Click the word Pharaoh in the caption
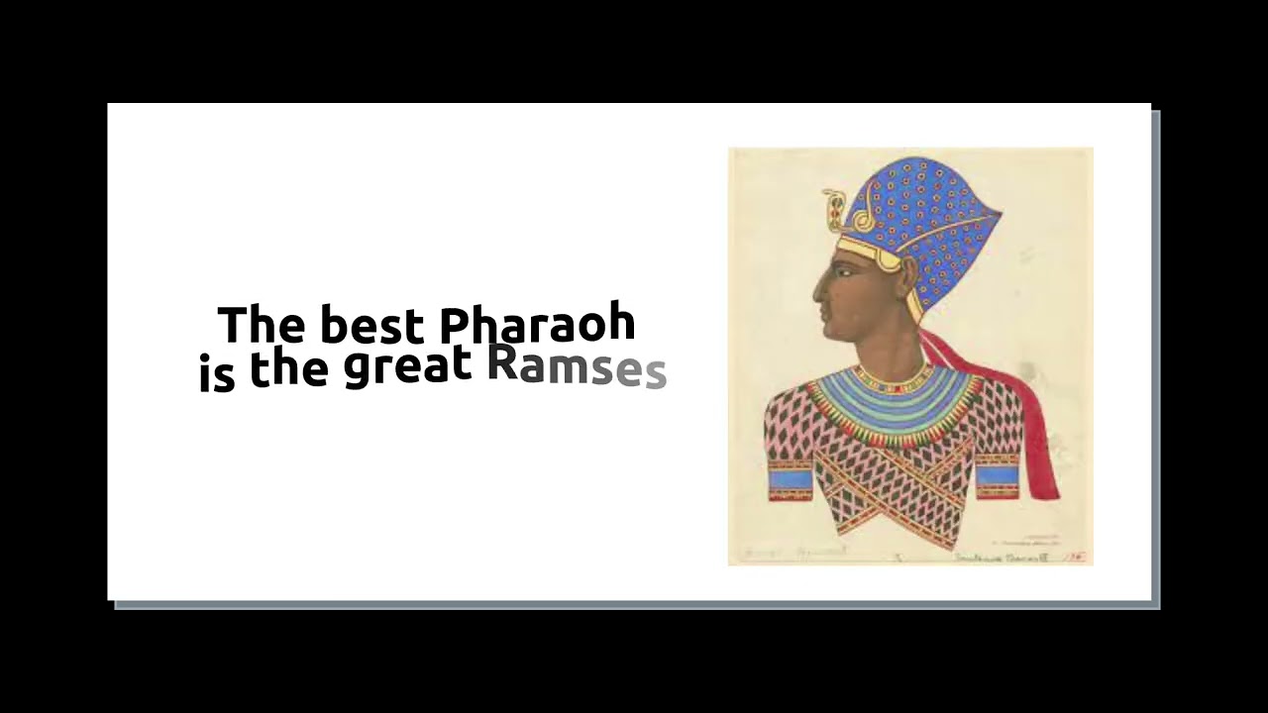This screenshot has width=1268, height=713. tap(536, 325)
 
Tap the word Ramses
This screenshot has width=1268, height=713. tap(576, 367)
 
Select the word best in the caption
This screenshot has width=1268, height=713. tap(370, 325)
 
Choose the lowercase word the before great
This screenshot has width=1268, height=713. tap(288, 368)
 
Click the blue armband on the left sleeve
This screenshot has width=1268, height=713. tap(790, 477)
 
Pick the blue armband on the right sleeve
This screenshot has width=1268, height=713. tap(997, 475)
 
